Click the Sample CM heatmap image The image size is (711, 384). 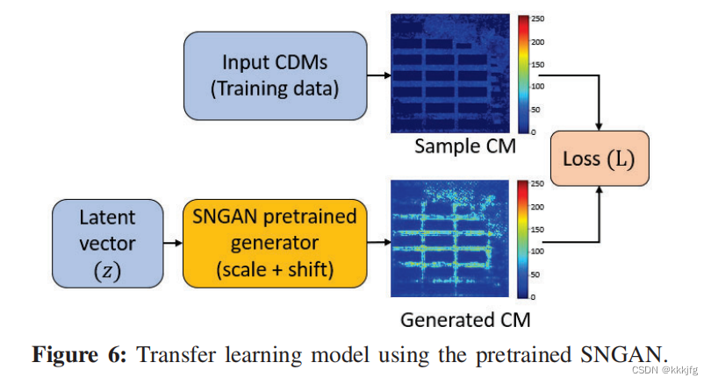click(449, 74)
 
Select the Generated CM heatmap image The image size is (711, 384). click(450, 239)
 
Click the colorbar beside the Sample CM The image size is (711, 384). click(523, 74)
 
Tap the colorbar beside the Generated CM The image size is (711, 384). click(523, 239)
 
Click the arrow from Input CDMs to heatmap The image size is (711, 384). click(378, 75)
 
